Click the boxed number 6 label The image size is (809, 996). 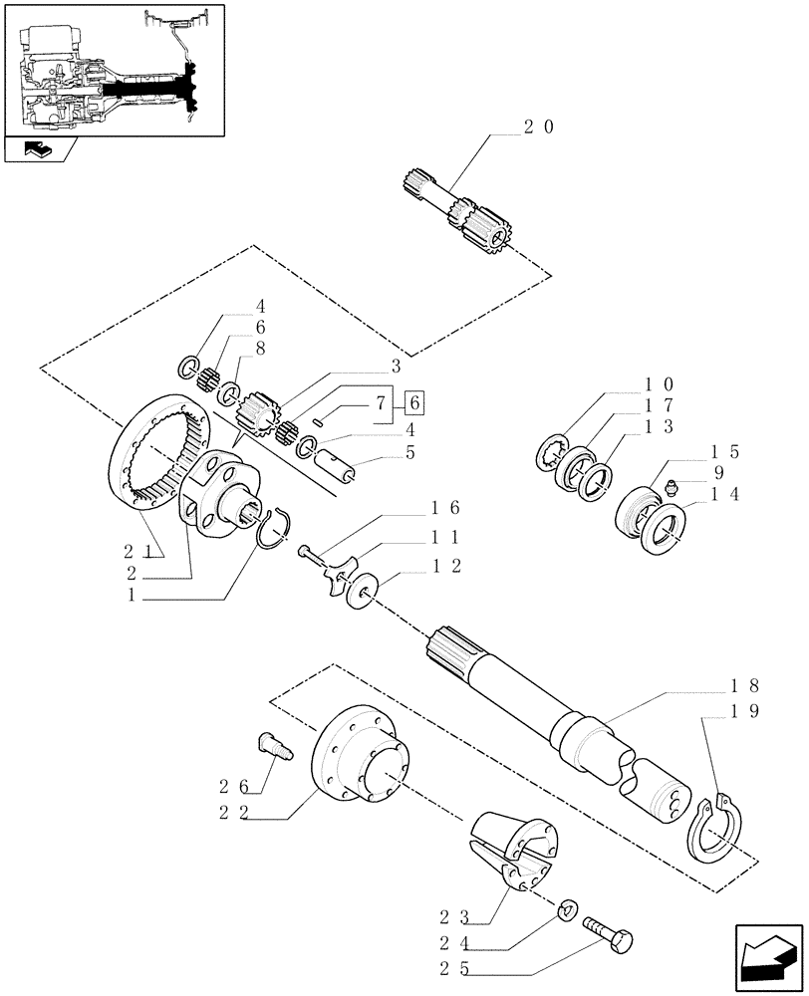pyautogui.click(x=415, y=402)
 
